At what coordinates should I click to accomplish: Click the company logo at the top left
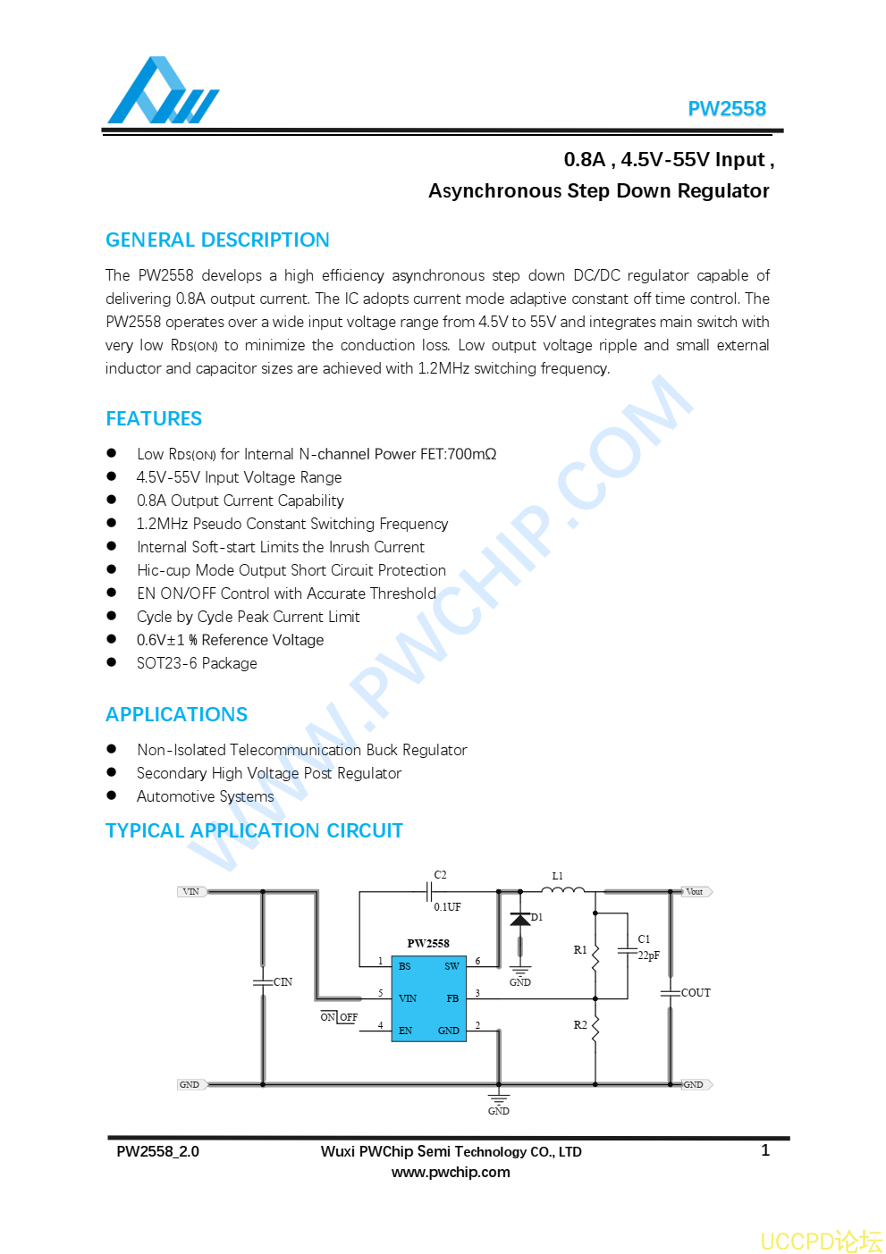(163, 91)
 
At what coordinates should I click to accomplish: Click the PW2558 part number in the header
(726, 109)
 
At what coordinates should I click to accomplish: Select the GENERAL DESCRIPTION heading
(217, 240)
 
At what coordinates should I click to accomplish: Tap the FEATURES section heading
(154, 419)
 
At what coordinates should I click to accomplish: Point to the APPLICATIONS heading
(176, 715)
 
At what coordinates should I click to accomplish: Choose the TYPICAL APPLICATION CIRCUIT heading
(254, 831)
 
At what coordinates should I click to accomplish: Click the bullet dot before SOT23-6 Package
(112, 662)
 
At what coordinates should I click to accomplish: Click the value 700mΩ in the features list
(471, 454)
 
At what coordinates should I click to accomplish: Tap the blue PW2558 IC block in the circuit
(429, 998)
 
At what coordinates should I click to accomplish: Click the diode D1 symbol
(520, 920)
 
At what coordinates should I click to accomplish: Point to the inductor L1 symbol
(562, 890)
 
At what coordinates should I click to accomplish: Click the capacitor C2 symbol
(430, 891)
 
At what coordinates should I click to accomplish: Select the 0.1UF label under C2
(448, 907)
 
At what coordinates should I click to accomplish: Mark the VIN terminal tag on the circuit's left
(191, 892)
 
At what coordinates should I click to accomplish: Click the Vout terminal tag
(696, 892)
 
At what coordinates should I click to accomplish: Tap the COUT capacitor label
(696, 993)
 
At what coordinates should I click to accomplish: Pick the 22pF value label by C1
(648, 955)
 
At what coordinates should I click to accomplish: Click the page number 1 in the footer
(765, 1150)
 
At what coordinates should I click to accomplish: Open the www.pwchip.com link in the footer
(451, 1173)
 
